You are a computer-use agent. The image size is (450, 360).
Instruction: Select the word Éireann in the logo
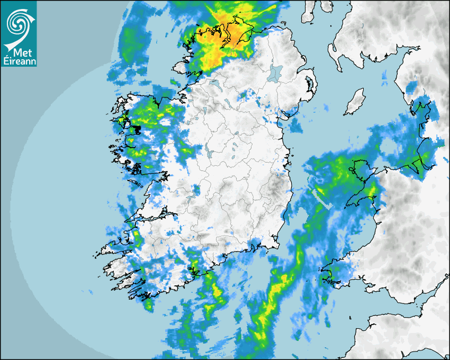pos(20,61)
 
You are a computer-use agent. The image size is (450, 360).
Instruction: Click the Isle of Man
pos(354,102)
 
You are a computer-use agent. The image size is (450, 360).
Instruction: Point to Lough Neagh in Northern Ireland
pos(275,73)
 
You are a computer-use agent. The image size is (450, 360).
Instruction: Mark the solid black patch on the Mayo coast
pos(136,129)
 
